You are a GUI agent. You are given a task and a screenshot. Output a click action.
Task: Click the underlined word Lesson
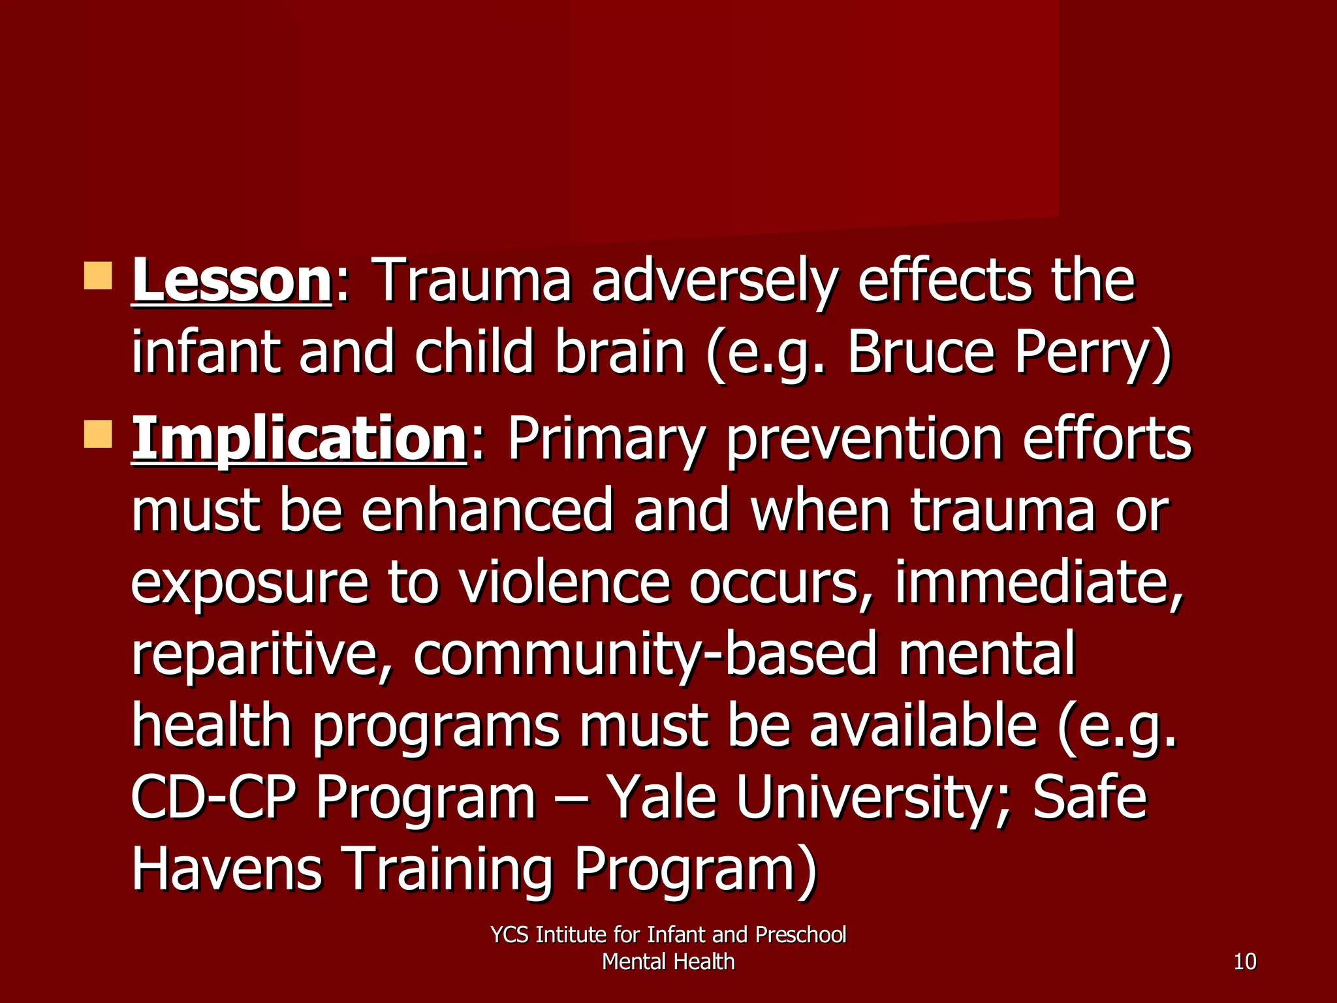point(232,281)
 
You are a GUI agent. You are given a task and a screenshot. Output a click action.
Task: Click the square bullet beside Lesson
point(98,276)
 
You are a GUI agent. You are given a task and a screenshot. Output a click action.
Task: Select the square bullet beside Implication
point(98,434)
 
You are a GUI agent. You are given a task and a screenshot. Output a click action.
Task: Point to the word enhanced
point(487,511)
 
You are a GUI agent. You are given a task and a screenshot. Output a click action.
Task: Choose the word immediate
point(1039,582)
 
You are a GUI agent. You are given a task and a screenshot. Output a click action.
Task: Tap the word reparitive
point(262,654)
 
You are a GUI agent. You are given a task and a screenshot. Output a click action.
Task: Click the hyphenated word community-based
point(646,654)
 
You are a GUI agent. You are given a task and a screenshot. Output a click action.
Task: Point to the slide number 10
point(1245,962)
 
